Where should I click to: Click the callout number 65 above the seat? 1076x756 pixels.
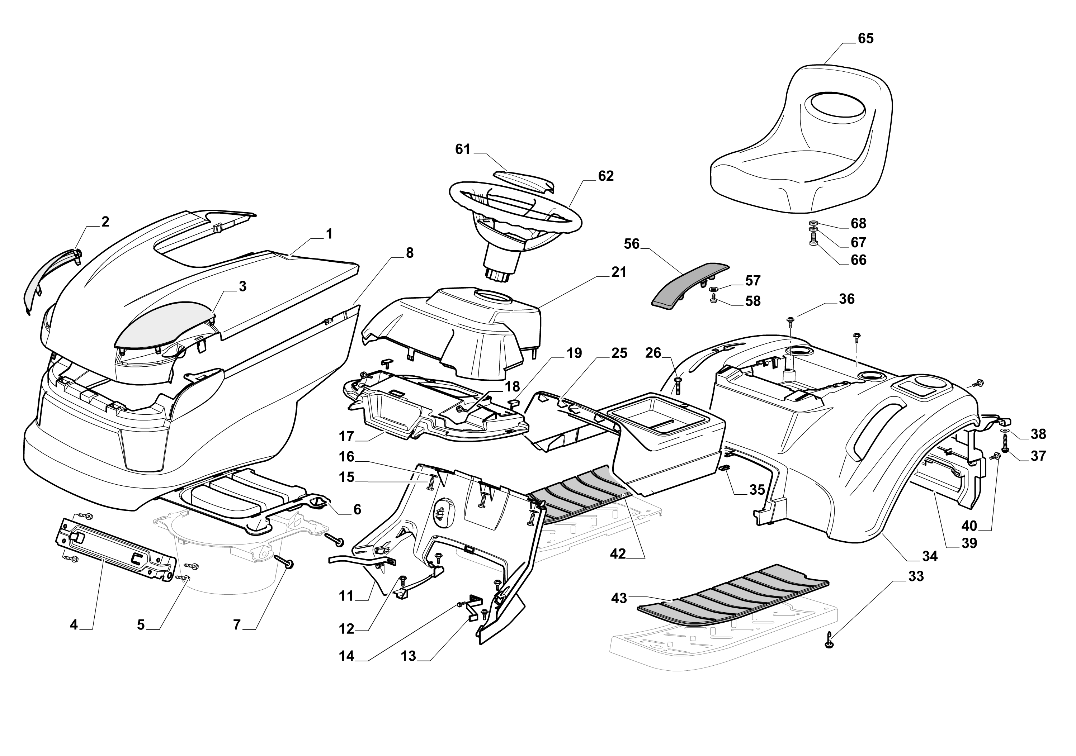coord(865,38)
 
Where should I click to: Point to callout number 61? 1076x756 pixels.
coord(463,149)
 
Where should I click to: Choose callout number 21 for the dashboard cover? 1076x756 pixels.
coord(619,272)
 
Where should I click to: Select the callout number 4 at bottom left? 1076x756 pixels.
coord(74,625)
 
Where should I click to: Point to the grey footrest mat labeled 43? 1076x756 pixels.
coord(731,597)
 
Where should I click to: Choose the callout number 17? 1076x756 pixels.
coord(346,437)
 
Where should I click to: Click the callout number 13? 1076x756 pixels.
coord(408,656)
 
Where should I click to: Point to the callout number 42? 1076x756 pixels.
coord(618,554)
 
